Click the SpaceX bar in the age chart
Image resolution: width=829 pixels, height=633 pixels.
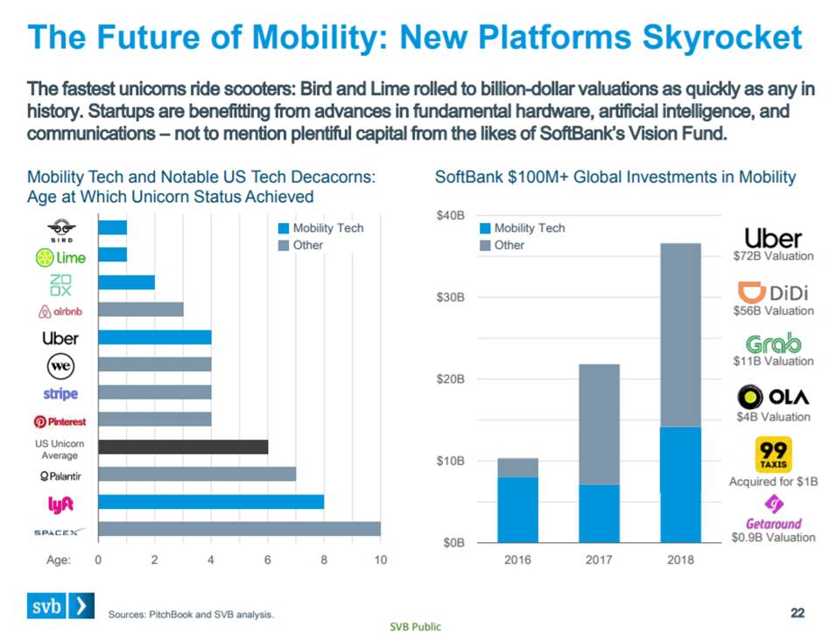click(x=239, y=529)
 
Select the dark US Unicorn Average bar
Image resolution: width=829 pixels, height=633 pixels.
click(x=183, y=447)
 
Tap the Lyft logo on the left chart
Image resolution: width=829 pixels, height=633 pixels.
click(x=60, y=504)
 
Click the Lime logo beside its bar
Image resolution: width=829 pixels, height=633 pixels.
click(x=60, y=257)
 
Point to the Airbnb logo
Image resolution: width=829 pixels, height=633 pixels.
click(x=60, y=310)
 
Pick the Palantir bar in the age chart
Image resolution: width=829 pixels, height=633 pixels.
click(x=197, y=474)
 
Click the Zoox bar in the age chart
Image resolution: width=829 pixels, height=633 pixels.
click(x=126, y=282)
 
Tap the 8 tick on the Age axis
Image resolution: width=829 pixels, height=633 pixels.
click(x=324, y=560)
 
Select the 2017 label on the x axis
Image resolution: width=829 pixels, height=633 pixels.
click(x=600, y=560)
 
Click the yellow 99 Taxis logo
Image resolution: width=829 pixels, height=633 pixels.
click(x=773, y=455)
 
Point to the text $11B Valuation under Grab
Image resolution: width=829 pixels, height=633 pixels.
click(x=773, y=361)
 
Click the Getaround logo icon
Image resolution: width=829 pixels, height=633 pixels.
click(x=774, y=504)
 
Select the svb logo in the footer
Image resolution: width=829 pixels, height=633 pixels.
click(x=57, y=605)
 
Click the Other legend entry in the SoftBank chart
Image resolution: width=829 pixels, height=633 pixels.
click(x=509, y=245)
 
